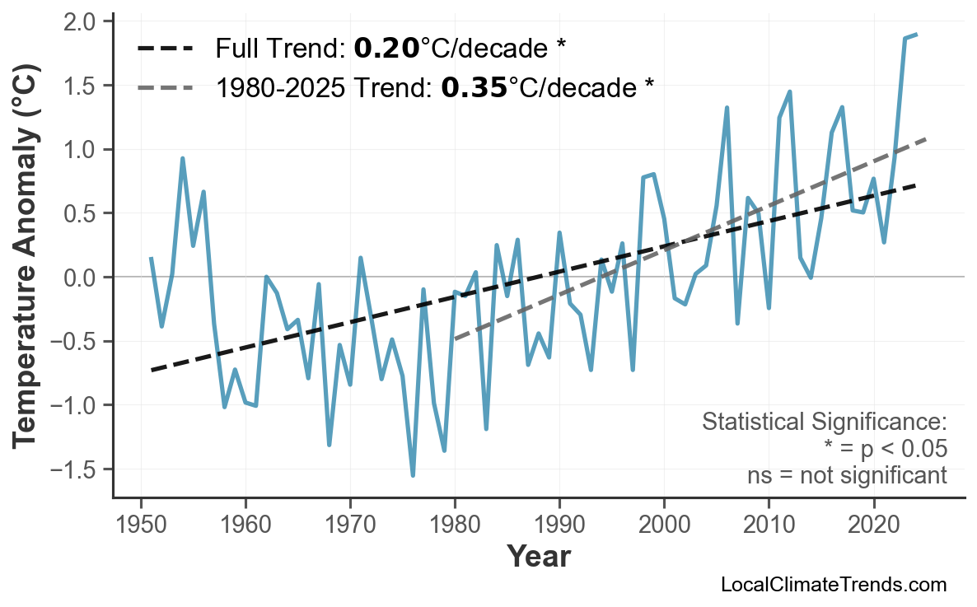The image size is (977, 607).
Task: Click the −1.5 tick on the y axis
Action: tap(81, 469)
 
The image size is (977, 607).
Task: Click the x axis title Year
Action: tap(538, 558)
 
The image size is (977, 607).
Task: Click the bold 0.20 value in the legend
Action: tap(386, 49)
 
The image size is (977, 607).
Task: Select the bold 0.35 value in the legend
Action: tap(474, 87)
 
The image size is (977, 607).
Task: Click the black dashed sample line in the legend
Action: tap(165, 49)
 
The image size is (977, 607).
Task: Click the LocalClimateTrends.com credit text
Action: tap(833, 585)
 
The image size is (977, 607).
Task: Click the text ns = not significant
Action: tap(846, 475)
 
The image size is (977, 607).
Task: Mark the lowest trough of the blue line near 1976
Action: tap(413, 475)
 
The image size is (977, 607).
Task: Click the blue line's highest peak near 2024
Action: tap(916, 35)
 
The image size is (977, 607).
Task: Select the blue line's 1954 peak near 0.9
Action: tap(182, 158)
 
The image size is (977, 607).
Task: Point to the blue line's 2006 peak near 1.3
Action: tap(727, 107)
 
